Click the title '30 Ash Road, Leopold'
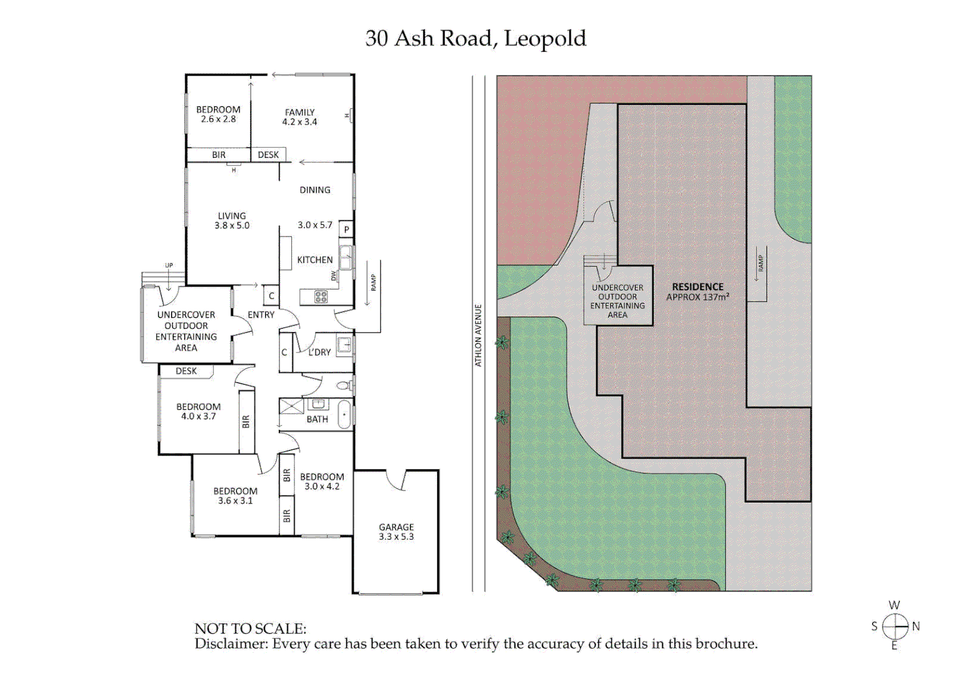pos(475,39)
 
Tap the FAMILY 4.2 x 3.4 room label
pos(299,117)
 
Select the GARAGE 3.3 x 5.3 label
pos(396,532)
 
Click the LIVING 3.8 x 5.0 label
pos(232,221)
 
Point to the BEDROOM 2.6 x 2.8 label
pos(218,114)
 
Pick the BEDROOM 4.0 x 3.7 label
pos(198,411)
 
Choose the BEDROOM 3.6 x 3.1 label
pos(235,496)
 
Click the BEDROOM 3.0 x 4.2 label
pos(322,481)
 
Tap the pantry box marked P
pos(346,229)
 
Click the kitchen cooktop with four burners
pos(321,297)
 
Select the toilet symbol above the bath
pos(345,385)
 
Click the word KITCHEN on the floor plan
pos(314,260)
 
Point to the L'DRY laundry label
pos(319,353)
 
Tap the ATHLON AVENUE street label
pos(478,335)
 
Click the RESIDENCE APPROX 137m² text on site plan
pos(697,292)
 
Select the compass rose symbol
pos(895,626)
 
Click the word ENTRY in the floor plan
pos(261,315)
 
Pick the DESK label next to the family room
pos(268,155)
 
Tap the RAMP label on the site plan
pos(760,263)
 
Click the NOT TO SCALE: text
pos(250,628)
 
